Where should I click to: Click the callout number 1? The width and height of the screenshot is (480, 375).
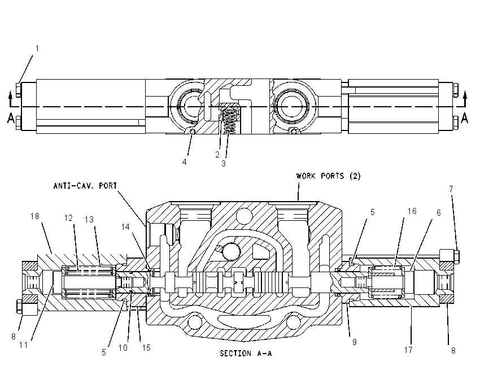(37, 49)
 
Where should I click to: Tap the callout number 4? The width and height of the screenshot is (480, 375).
(184, 162)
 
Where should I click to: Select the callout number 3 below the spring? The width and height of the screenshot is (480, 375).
(224, 163)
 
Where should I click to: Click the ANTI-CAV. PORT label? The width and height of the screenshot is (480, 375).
(85, 186)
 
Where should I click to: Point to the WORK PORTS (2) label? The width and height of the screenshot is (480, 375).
(329, 176)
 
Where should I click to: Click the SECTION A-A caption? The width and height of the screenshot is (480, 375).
(246, 354)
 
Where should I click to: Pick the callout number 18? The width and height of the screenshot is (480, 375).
(35, 216)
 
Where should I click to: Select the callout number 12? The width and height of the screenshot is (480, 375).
(68, 217)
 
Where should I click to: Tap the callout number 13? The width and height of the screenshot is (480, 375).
(89, 220)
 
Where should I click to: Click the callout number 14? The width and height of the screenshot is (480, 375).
(125, 227)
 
